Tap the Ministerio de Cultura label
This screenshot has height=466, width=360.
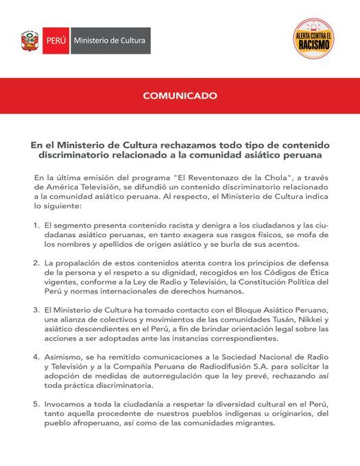coord(109,41)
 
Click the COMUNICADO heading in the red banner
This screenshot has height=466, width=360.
coord(180,97)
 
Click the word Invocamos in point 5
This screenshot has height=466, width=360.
coord(67,404)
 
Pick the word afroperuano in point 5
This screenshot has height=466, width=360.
coord(93,423)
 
